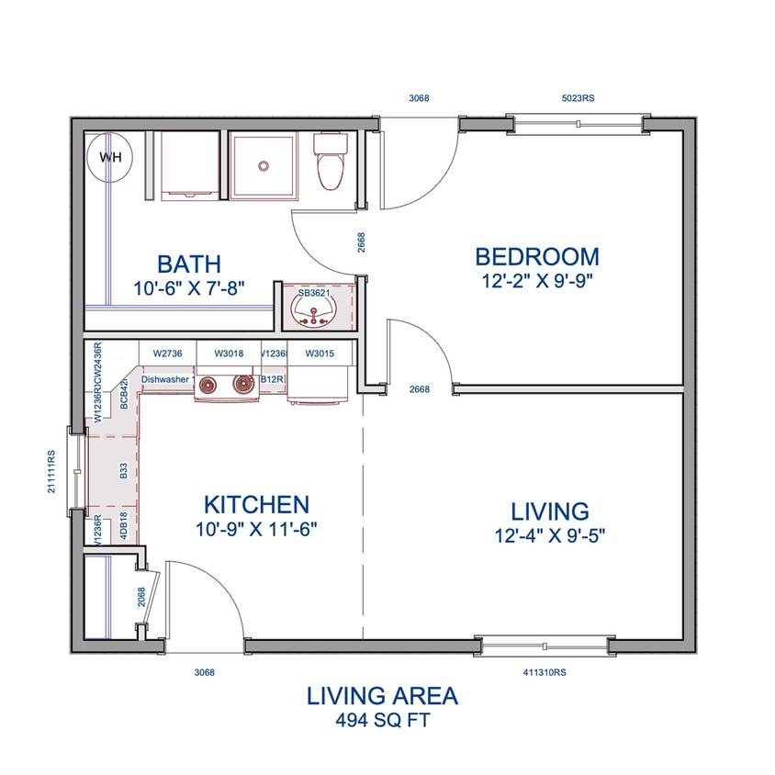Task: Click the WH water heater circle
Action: [110, 157]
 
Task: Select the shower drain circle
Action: [264, 166]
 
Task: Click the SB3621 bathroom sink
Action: [314, 307]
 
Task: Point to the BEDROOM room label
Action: [536, 257]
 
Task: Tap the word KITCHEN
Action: [255, 504]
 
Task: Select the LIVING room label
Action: [550, 511]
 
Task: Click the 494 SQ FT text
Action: [382, 720]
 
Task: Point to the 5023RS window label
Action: [580, 98]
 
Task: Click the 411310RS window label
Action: [545, 672]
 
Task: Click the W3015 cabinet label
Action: [319, 353]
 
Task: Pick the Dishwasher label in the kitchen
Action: [165, 377]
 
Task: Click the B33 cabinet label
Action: [124, 471]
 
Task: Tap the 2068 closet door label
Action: [141, 598]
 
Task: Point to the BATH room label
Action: [189, 264]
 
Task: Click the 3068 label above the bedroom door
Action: [420, 98]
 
